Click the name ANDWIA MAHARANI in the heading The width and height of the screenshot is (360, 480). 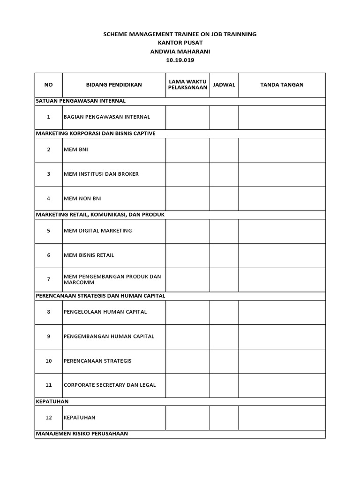180,52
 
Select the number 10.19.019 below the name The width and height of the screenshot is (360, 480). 180,60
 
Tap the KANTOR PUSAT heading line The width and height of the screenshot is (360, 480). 180,43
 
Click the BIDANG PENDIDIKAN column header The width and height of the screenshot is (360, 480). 114,85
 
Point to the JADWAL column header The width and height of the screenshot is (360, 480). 224,85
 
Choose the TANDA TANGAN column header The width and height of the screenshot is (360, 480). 282,85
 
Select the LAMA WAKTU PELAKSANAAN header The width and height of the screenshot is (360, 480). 187,85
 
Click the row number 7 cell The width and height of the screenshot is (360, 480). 49,279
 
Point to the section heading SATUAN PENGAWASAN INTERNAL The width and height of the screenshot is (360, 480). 81,101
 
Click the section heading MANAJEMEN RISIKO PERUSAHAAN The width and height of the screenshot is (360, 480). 82,434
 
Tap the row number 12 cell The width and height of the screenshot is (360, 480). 49,417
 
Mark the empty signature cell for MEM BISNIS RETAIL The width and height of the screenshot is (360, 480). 282,255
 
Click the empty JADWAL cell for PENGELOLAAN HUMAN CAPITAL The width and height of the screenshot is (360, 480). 224,312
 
